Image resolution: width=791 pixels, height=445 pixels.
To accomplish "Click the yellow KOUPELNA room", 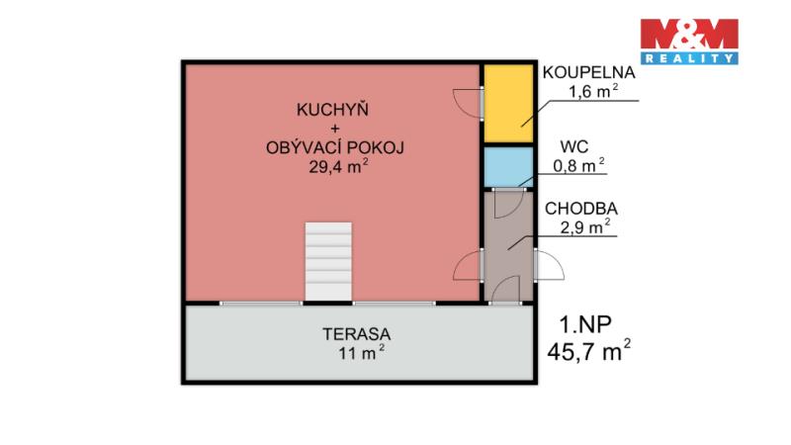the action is point(508,103).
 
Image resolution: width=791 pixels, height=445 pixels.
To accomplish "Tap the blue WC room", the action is point(508,167).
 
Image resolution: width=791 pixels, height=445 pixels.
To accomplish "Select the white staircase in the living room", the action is point(328,261).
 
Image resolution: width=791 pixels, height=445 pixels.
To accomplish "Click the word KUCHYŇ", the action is point(332,110).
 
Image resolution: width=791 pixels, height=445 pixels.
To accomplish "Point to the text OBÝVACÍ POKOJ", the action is point(335,147).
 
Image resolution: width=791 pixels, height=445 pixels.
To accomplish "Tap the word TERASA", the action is point(357,334).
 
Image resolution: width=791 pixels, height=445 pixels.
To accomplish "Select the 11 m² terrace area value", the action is point(362,353).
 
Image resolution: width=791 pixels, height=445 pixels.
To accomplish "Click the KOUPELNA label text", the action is point(588,72).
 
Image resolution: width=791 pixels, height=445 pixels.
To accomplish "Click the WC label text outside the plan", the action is point(574,146).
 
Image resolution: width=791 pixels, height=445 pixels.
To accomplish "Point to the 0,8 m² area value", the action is point(579,165).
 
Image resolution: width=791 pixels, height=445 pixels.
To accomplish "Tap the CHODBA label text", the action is point(581,209).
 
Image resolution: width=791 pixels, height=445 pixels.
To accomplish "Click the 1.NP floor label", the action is point(585,324).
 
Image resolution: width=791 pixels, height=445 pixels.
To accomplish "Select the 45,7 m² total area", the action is point(588,350).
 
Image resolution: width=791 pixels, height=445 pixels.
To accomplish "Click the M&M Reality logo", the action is point(689,42).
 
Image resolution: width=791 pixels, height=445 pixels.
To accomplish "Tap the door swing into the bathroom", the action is point(468,103).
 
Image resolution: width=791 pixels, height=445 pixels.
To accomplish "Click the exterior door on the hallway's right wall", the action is point(550,265).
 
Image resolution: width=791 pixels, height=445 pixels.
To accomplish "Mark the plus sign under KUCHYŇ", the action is point(335,129).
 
